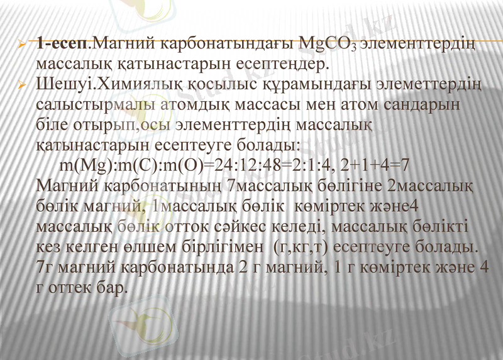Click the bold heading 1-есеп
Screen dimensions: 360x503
63,45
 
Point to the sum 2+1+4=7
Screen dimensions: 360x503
375,166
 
